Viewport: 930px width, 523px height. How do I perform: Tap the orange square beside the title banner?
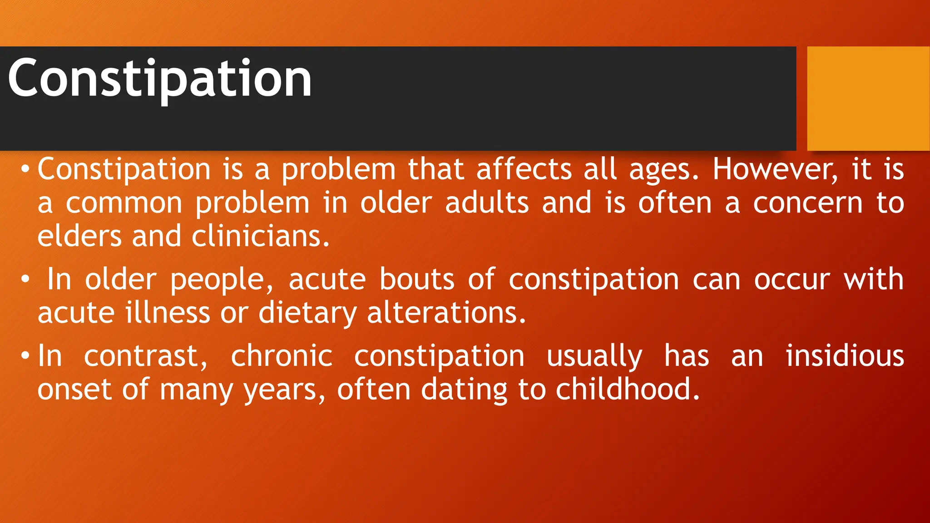(x=868, y=98)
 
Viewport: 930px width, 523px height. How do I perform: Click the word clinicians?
(x=260, y=237)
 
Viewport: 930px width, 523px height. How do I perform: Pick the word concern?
(x=807, y=203)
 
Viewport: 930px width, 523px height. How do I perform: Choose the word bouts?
(x=417, y=279)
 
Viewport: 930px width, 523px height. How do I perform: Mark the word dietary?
(x=307, y=313)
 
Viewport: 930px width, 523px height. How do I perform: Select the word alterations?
(x=446, y=313)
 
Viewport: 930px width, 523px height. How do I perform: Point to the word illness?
(x=168, y=313)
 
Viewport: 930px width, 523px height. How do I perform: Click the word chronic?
(x=282, y=356)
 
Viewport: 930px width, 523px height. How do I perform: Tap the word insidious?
(x=845, y=356)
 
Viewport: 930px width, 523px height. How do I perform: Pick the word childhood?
(x=627, y=390)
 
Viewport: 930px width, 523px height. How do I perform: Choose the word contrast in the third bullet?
(x=145, y=356)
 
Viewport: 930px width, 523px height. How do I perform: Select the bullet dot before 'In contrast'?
(x=25, y=356)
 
